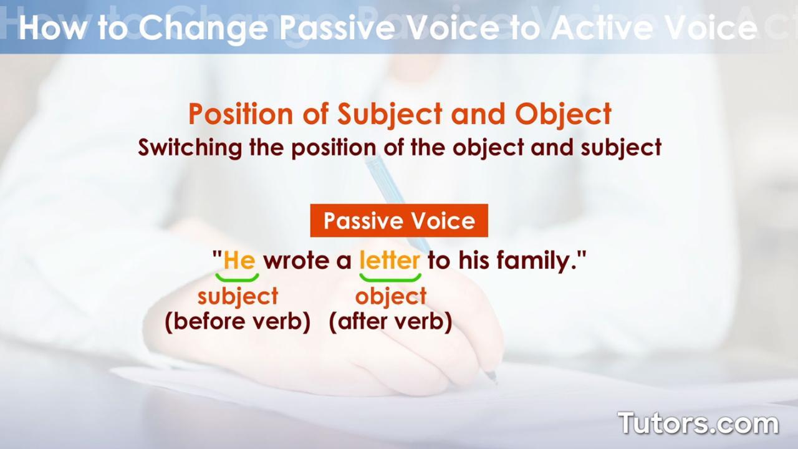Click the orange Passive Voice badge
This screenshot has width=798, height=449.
pyautogui.click(x=399, y=221)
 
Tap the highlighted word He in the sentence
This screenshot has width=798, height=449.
pyautogui.click(x=239, y=260)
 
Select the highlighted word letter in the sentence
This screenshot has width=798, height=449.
pyautogui.click(x=390, y=260)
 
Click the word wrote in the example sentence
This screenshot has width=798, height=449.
pyautogui.click(x=297, y=260)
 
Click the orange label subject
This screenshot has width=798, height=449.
pyautogui.click(x=238, y=296)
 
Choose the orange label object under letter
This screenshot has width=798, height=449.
pyautogui.click(x=391, y=296)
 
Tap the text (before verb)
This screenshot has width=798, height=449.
pyautogui.click(x=238, y=322)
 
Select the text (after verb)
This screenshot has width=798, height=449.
pyautogui.click(x=390, y=322)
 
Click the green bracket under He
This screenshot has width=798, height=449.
pyautogui.click(x=237, y=278)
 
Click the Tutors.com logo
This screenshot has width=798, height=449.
pyautogui.click(x=698, y=423)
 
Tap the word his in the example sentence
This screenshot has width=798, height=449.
pyautogui.click(x=476, y=260)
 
